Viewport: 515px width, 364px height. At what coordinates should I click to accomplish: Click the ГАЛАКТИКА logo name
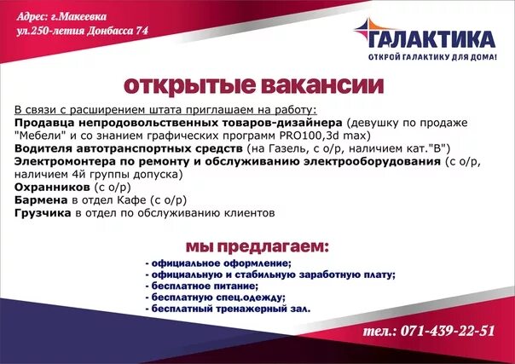433,40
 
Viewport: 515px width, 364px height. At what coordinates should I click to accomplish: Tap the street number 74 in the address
142,31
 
